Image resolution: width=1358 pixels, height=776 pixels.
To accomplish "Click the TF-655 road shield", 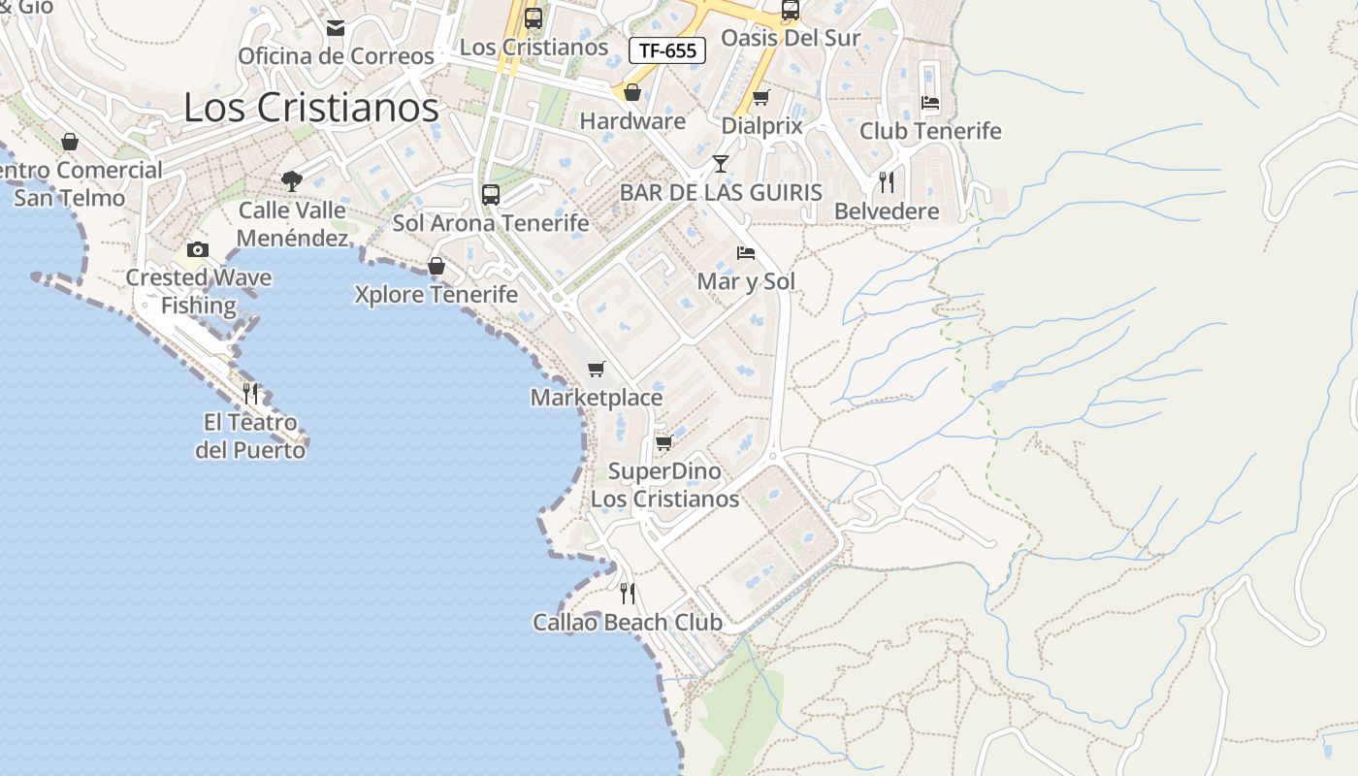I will point(667,50).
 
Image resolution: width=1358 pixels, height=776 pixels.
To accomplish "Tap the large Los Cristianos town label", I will point(311,108).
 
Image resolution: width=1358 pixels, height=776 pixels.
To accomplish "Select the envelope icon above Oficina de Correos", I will point(336,28).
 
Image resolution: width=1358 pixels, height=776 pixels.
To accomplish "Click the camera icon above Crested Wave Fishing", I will point(198,249).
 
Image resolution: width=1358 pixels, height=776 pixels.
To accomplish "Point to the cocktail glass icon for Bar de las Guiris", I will point(720,163).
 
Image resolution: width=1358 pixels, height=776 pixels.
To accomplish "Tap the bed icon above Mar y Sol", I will point(746,253).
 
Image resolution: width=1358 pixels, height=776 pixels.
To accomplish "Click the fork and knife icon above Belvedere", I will point(886,181).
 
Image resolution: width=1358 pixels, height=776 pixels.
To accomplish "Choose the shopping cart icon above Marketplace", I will point(597,369).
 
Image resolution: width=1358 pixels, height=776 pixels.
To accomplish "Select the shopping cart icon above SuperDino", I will point(664,442).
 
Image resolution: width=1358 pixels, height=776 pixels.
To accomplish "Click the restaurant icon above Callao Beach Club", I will point(628,592).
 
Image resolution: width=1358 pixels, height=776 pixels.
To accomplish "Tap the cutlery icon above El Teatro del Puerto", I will point(250,393).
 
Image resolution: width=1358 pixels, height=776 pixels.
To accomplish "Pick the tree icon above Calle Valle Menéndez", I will point(291,180).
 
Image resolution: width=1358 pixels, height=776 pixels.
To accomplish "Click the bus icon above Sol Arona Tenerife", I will point(491,194).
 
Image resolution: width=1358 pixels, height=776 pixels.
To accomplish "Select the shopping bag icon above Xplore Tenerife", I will point(436,266).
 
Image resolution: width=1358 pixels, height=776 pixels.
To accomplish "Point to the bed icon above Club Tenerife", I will point(930,102).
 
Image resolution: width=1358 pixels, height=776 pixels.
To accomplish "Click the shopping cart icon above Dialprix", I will point(761,97).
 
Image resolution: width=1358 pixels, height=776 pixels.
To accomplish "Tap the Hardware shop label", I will point(632,121).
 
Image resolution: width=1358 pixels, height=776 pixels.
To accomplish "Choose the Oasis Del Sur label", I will point(791,39).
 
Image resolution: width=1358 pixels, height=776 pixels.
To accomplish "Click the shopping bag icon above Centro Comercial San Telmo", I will point(70,142).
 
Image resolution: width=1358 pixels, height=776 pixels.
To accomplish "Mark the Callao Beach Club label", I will point(628,623).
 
